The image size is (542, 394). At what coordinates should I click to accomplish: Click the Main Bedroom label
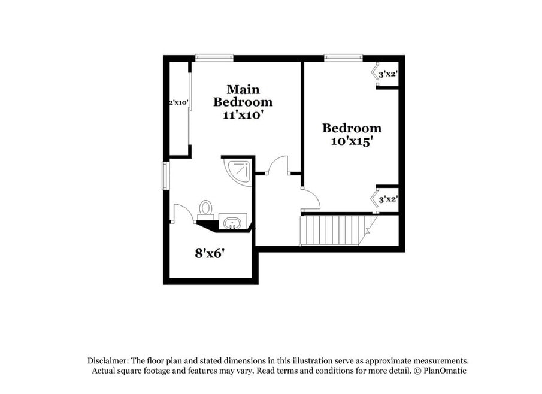243,96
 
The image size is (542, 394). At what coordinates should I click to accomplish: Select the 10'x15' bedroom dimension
352,141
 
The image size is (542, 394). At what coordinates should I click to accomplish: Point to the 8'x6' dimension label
210,253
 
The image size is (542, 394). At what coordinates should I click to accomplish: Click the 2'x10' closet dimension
178,102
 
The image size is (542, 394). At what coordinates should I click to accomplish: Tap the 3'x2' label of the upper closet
388,74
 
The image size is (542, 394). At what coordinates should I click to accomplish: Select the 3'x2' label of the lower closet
388,199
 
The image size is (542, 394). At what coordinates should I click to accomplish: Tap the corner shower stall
238,172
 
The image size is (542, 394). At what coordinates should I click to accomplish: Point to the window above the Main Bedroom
214,57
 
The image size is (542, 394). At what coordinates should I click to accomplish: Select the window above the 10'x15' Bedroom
343,57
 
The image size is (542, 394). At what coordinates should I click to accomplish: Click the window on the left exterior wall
166,176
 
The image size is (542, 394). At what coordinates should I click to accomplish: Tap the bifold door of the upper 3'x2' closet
374,73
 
